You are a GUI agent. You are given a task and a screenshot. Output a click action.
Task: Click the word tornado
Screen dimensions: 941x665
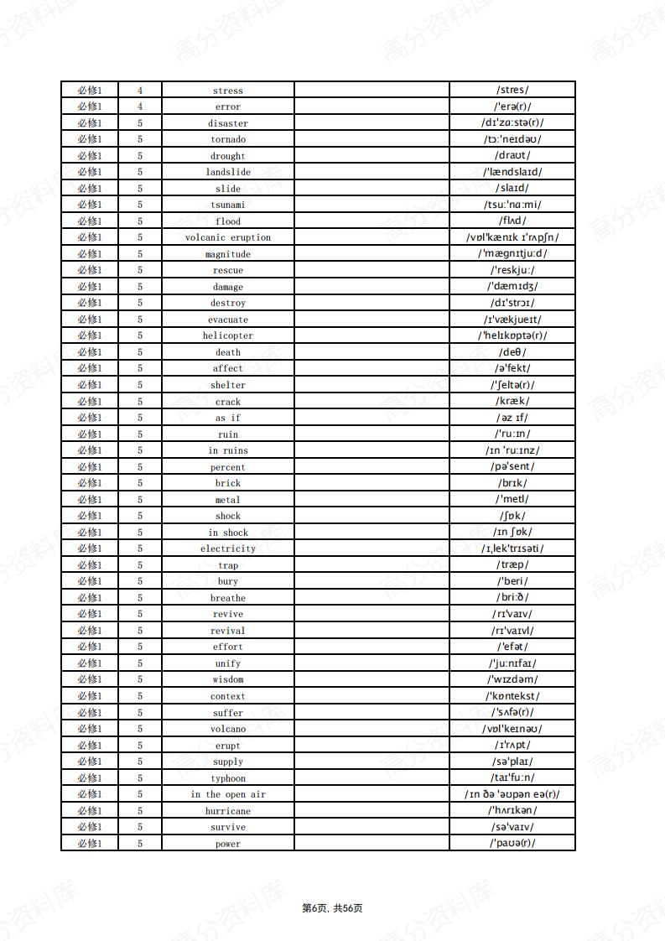point(228,139)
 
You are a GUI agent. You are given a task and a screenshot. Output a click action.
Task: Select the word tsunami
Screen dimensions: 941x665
point(228,205)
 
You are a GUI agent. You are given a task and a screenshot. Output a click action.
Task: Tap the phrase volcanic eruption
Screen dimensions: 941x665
point(228,237)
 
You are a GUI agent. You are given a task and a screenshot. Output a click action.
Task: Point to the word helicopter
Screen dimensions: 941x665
point(228,335)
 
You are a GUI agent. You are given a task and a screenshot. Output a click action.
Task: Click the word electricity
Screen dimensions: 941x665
point(228,548)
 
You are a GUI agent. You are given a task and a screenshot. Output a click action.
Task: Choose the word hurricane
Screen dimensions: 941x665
point(228,811)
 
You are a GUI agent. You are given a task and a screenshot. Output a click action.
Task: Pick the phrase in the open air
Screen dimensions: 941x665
point(228,794)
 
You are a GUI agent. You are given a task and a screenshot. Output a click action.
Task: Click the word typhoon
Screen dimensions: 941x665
point(228,778)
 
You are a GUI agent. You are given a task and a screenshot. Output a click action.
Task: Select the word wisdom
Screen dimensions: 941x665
point(228,679)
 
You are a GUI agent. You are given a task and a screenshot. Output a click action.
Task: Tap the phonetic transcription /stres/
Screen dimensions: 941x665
point(512,90)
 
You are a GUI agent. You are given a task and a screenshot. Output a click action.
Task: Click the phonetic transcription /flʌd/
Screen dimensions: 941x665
point(512,221)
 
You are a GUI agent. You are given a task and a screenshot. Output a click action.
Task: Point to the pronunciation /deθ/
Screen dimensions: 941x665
point(512,352)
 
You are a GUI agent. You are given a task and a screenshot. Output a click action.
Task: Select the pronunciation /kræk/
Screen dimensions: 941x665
point(512,401)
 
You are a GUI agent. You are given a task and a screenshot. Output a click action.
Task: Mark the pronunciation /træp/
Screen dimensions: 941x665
point(512,565)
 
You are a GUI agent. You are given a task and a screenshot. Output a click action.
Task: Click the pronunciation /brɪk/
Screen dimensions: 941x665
point(512,483)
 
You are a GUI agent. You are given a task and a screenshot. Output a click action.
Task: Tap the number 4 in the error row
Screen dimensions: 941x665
point(140,107)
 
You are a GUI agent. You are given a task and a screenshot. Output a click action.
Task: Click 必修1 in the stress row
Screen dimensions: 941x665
point(90,90)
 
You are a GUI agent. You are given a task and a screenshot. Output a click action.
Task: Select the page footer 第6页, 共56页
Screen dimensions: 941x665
point(332,908)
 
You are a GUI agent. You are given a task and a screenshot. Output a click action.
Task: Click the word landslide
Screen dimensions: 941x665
point(228,172)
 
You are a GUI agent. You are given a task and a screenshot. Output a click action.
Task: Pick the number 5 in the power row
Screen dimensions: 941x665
point(140,844)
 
